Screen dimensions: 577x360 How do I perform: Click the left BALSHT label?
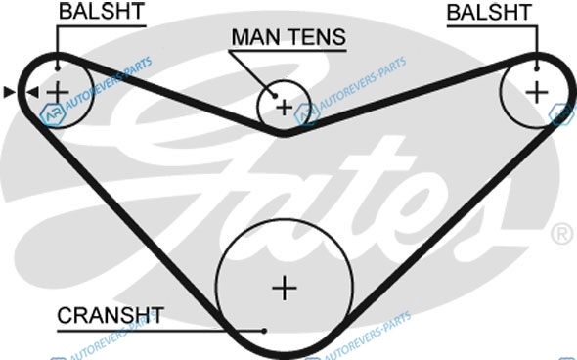(x=101, y=12)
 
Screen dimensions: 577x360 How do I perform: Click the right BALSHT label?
(x=489, y=12)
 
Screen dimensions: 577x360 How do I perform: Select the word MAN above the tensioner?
(x=256, y=37)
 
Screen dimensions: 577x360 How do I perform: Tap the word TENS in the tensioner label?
(x=317, y=37)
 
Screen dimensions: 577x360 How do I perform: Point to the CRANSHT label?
(x=111, y=315)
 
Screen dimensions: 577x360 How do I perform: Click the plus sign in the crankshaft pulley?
(x=284, y=288)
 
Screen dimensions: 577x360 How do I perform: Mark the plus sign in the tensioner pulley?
(x=284, y=108)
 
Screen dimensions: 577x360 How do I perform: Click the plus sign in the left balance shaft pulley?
(x=58, y=92)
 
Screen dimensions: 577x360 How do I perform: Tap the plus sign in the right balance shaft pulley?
(x=537, y=92)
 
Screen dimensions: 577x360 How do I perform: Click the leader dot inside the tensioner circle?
(x=275, y=96)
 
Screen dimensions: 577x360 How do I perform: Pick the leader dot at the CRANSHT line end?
(x=264, y=331)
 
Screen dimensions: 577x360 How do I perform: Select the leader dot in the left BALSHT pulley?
(x=58, y=68)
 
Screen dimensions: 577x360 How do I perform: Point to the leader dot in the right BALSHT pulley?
(x=537, y=68)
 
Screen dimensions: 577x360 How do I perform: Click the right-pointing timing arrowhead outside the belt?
(x=9, y=92)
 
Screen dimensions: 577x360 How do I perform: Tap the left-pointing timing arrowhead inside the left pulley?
(x=32, y=92)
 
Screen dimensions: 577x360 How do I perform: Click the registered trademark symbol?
(x=562, y=234)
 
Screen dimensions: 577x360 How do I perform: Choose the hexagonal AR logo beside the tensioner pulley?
(x=306, y=114)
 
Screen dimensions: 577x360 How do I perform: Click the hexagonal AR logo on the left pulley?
(x=53, y=114)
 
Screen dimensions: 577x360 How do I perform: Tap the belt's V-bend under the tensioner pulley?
(x=284, y=132)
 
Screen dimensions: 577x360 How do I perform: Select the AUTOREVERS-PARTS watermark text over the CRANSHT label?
(x=112, y=337)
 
